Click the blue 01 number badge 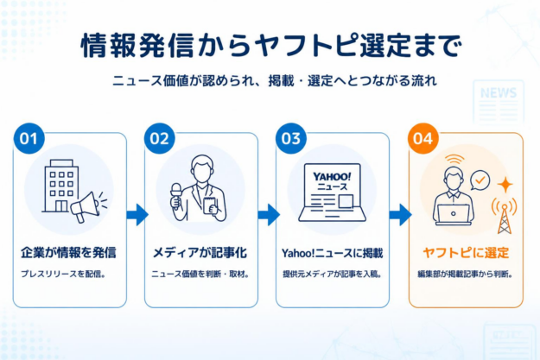29,138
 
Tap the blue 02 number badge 160,138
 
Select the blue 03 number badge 291,138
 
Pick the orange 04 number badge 422,138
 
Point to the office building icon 61,186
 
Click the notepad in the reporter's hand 210,205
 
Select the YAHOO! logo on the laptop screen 332,177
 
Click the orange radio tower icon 504,216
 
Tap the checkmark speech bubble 480,180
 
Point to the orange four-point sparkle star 505,185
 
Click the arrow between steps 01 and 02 137,215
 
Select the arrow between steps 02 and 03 269,215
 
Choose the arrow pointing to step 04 400,215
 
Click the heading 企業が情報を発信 68,253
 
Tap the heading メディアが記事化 200,253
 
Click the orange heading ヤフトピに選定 466,253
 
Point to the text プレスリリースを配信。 63,274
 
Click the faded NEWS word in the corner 499,93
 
